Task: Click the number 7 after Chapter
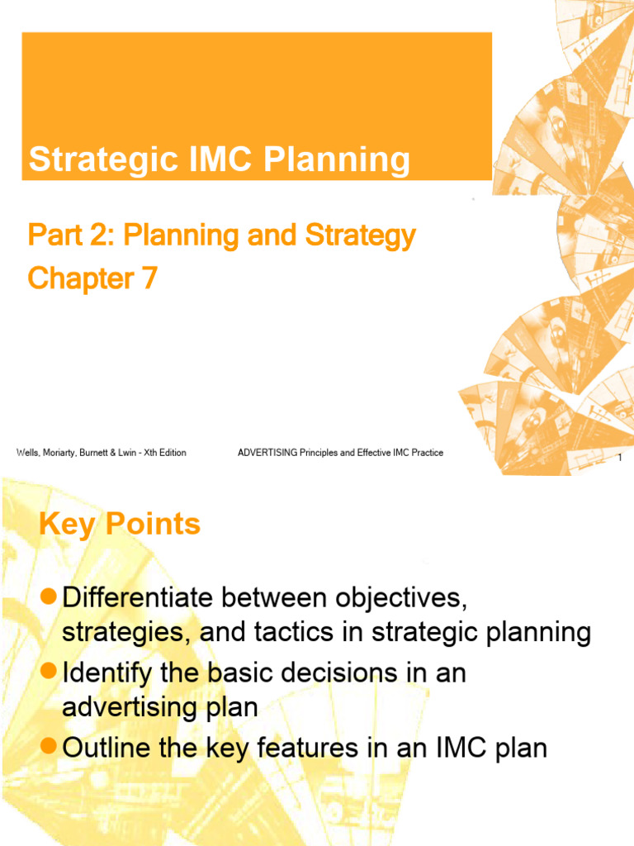coord(148,278)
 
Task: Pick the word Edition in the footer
coord(169,453)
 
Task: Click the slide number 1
coord(618,459)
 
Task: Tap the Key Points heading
coord(120,525)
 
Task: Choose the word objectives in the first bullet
coord(388,596)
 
